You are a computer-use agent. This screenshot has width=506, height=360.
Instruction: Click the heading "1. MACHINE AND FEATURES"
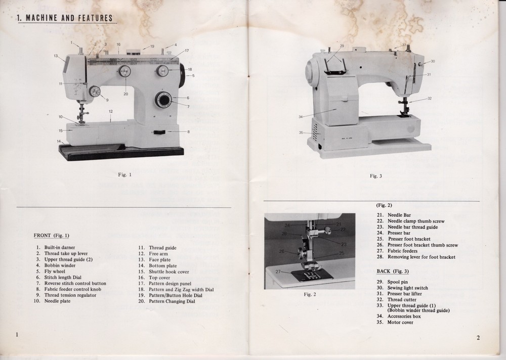tap(64, 19)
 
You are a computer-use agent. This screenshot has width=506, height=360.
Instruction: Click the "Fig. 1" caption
tap(124, 175)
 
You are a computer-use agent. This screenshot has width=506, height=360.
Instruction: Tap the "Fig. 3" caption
tap(375, 176)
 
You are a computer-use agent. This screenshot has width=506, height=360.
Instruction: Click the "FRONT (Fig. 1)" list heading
tap(52, 235)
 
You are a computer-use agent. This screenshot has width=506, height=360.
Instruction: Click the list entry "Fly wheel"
tap(55, 271)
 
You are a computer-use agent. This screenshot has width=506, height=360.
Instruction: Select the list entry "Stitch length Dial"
tap(63, 277)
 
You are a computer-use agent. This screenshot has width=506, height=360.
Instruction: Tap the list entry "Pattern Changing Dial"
tap(172, 301)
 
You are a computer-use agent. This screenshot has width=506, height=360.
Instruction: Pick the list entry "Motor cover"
tap(400, 323)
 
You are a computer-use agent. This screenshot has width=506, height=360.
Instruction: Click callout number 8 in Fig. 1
tap(188, 132)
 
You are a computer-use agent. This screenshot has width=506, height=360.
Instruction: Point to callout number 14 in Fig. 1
tap(59, 141)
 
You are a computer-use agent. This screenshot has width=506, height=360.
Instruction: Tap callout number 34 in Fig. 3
tap(301, 117)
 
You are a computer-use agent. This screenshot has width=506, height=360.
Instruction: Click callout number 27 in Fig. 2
tap(278, 272)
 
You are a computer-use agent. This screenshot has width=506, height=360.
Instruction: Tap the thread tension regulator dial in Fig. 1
tap(95, 92)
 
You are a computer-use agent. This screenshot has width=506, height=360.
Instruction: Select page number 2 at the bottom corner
tap(478, 338)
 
